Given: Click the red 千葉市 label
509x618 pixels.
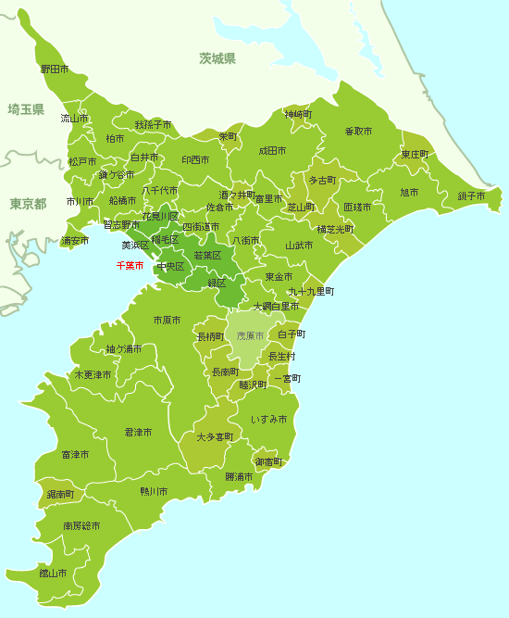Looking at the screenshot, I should point(130,266).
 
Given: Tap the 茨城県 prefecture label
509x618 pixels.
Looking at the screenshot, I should point(217,59).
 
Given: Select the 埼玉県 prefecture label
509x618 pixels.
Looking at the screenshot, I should point(26,109).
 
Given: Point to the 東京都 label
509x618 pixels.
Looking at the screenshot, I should point(28,203).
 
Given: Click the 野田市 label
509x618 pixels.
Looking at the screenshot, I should point(55,69).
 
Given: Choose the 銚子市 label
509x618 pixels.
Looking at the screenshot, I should point(471,195).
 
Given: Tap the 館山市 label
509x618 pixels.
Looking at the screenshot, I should point(53,573).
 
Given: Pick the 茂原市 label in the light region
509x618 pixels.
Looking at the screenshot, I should point(250,335).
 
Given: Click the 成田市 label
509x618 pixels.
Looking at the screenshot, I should point(272,150).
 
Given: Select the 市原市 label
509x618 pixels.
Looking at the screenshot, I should point(167,321).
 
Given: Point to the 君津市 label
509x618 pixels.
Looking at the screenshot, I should point(138,433).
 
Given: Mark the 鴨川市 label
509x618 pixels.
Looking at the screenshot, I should point(154,491).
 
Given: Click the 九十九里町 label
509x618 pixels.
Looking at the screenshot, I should point(311,291).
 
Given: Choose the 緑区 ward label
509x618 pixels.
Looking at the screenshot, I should point(217,283).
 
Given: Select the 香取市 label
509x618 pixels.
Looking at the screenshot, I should point(358,132).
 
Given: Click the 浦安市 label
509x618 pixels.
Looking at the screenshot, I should point(75,241).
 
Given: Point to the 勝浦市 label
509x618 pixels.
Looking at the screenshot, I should point(239,477).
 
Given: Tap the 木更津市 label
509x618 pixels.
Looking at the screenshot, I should point(93,375).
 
